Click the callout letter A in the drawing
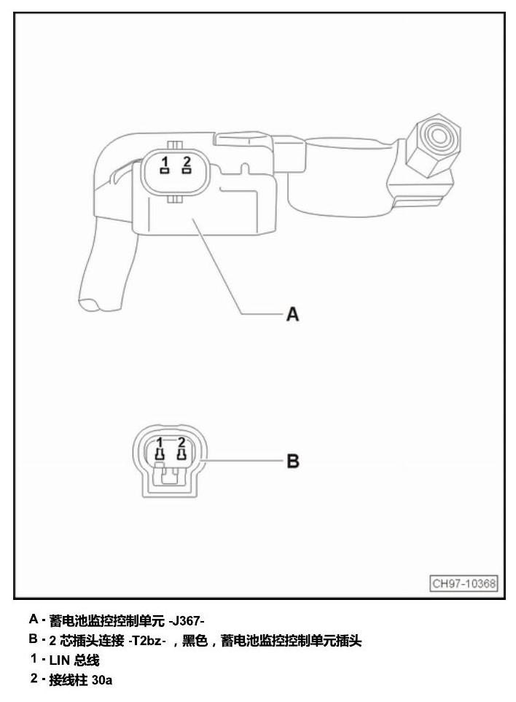coord(292,314)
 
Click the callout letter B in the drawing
coord(293,461)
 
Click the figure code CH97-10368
coord(464,583)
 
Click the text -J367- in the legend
coord(187,621)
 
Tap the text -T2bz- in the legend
coord(147,641)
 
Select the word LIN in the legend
coord(60,660)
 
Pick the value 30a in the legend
coord(101,680)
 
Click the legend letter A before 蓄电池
coord(34,619)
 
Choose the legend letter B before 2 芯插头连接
coord(34,639)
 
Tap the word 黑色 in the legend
coord(195,641)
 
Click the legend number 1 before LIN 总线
coord(34,658)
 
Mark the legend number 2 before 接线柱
coord(34,678)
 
